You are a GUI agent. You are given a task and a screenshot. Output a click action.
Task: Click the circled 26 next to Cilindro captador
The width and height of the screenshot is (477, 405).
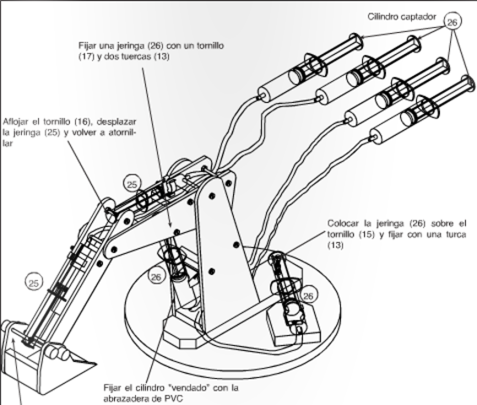coord(453,22)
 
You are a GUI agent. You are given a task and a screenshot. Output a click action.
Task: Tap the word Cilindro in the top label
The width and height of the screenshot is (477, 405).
coord(382,17)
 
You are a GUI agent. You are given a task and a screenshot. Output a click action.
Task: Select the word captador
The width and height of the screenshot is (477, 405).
coord(419,17)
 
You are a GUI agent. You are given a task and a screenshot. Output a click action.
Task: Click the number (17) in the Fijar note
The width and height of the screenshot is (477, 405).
coord(86,57)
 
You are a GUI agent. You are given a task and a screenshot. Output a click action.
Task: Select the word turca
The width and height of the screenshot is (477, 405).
coord(454,235)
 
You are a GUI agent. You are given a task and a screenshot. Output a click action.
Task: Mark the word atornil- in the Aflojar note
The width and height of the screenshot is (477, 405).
coord(122,132)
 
